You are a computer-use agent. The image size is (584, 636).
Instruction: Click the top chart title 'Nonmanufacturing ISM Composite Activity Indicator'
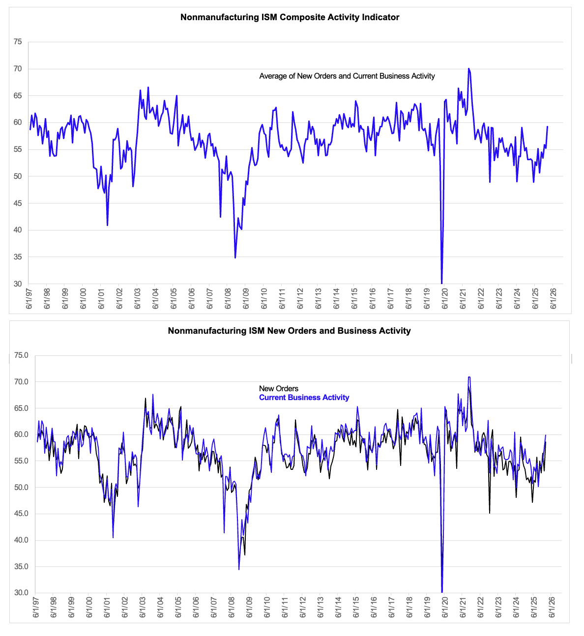point(290,17)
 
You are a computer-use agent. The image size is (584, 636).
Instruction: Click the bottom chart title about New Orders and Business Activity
point(289,331)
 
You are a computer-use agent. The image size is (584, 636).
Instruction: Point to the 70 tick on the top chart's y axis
point(18,69)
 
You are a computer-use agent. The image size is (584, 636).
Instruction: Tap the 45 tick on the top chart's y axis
point(18,203)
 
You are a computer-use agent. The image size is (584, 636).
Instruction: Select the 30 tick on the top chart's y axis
point(18,284)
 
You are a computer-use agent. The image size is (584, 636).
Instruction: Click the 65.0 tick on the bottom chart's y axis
point(22,408)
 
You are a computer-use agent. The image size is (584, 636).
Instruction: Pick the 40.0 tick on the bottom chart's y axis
point(22,540)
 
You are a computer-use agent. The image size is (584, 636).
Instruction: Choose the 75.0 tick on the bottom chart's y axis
point(22,355)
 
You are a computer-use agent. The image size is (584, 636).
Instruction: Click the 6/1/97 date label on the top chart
point(29,299)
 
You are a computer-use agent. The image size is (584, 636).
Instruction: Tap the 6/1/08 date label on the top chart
point(228,299)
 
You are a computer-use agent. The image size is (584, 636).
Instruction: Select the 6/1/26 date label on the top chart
point(554,299)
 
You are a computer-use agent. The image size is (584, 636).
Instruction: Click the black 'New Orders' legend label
point(279,389)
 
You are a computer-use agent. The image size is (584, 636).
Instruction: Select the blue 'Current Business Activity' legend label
point(304,398)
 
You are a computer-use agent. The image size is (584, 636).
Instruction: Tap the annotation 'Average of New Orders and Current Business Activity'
point(347,76)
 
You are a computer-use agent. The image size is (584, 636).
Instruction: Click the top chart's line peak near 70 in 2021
point(469,69)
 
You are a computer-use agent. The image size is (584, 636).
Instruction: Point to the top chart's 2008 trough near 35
point(235,258)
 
